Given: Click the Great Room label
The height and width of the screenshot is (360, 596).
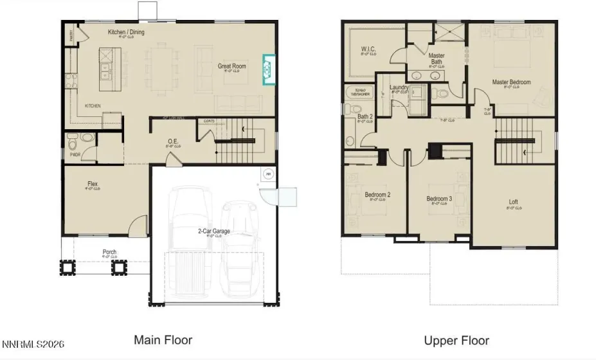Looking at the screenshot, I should (232, 66).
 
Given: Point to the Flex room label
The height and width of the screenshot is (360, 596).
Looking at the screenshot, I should (93, 184).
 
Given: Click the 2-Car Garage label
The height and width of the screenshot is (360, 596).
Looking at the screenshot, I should (214, 231).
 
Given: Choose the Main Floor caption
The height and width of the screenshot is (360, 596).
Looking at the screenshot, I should (163, 339).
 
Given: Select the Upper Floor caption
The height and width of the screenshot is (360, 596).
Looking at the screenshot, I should (456, 340).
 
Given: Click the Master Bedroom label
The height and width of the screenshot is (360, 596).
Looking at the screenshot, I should (511, 82).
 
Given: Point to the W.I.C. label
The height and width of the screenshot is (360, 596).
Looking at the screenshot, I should (368, 49).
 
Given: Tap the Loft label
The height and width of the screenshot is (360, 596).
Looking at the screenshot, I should (513, 202).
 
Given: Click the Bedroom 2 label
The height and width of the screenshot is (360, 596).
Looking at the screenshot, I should (377, 194).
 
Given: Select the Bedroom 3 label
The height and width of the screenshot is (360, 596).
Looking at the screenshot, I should (439, 199).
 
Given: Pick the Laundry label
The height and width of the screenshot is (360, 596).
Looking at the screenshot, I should (399, 87).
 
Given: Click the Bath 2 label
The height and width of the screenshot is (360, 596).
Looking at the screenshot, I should (365, 116).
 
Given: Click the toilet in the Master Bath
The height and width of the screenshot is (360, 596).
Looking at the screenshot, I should (442, 94).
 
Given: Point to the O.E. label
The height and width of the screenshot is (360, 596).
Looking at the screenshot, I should (173, 141).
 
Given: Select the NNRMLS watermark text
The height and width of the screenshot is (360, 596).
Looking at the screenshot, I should (33, 345).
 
